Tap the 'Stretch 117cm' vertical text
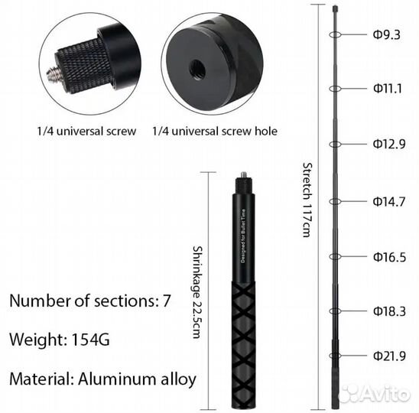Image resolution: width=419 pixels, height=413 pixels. click(x=307, y=199)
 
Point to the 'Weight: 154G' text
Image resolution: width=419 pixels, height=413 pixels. click(x=60, y=339)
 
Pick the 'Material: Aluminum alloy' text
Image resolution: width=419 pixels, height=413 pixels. click(x=102, y=379)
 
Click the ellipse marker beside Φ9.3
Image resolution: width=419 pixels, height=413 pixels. click(x=334, y=35)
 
